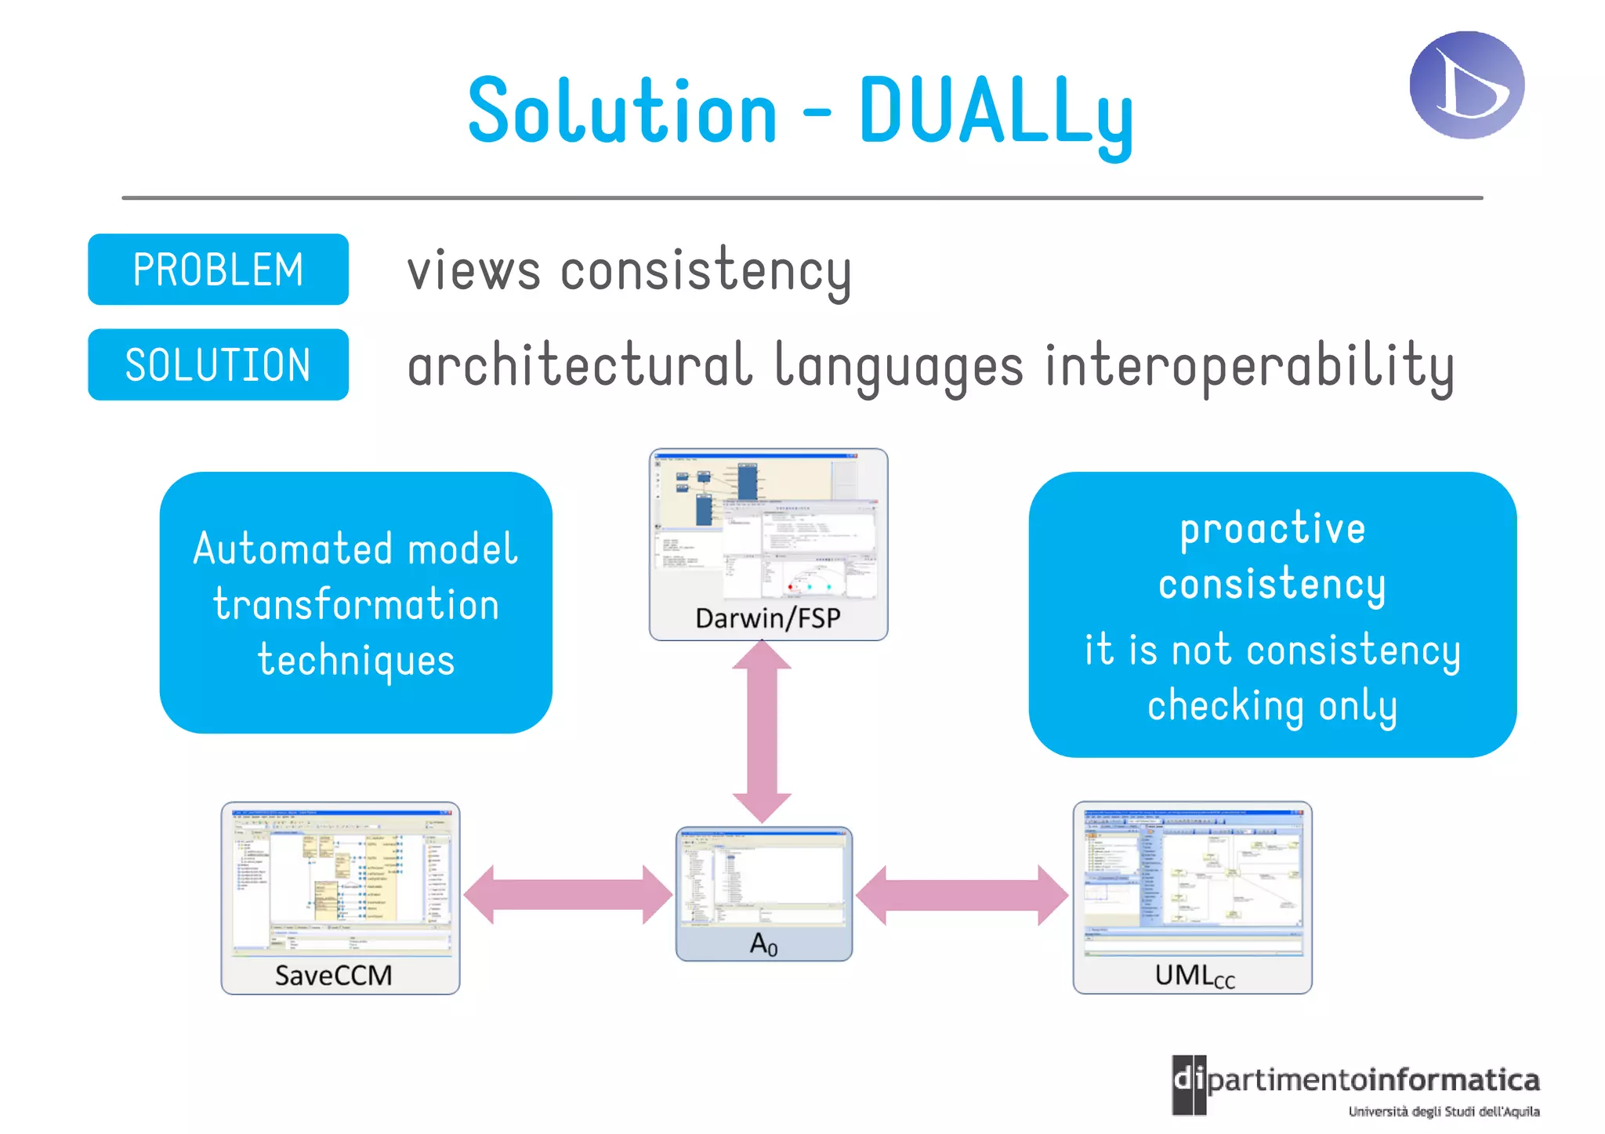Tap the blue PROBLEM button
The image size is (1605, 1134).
[218, 270]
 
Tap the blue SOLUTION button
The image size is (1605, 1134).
[218, 365]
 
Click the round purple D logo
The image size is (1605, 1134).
[1466, 85]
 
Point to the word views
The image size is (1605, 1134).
[473, 271]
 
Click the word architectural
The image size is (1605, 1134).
[580, 366]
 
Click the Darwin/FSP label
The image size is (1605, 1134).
[767, 618]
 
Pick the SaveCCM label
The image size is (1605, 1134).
[333, 976]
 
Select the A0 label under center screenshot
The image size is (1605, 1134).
[763, 944]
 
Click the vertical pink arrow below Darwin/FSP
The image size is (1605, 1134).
[762, 731]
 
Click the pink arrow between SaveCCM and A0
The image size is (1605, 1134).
[568, 895]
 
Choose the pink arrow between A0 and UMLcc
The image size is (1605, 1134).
[962, 895]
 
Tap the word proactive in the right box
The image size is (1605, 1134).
[1272, 530]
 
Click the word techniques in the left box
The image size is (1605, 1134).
[356, 661]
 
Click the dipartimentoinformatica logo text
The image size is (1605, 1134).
[1371, 1081]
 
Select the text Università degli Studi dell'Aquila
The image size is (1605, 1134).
[1444, 1111]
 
